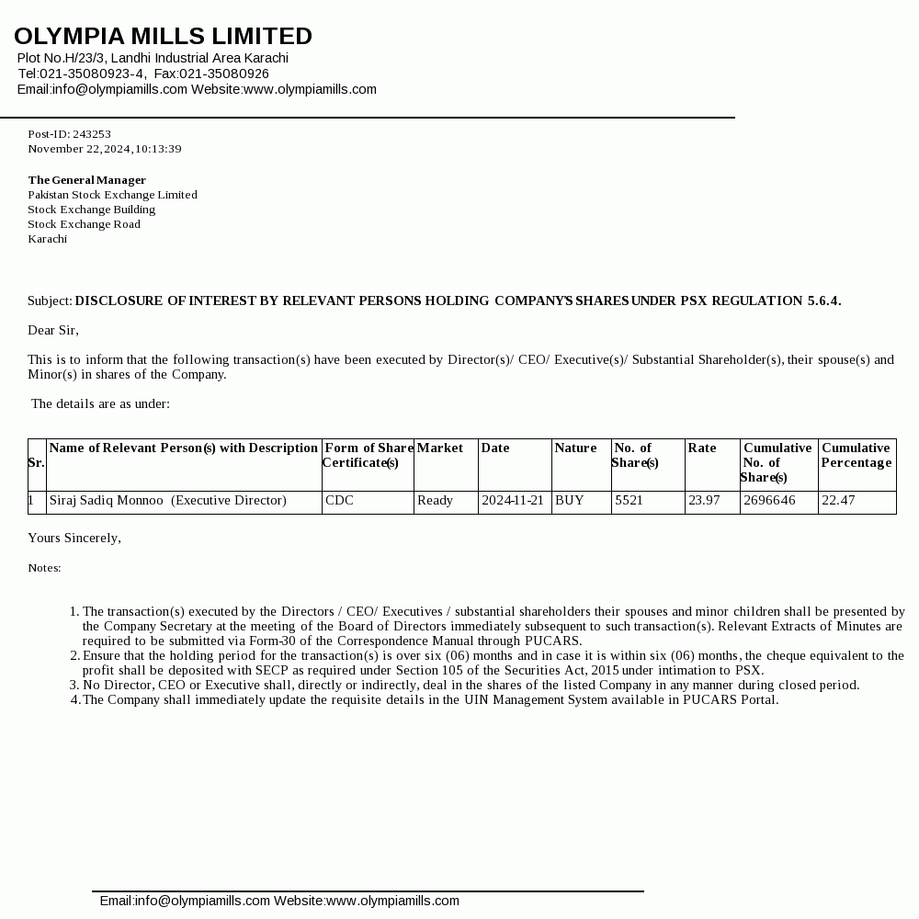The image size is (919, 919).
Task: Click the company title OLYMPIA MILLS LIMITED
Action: click(163, 37)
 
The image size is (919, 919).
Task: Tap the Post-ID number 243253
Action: click(92, 134)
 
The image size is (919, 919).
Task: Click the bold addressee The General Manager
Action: click(86, 180)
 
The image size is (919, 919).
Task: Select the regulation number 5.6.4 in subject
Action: click(823, 301)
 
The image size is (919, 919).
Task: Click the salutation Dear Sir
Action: click(53, 330)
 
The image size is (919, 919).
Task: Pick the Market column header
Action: click(440, 448)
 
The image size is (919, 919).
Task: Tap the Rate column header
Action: click(702, 448)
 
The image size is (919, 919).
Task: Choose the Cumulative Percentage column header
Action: click(857, 455)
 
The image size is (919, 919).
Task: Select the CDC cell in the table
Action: click(339, 501)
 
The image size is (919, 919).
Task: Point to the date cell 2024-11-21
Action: click(513, 501)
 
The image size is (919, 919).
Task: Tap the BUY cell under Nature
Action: click(570, 501)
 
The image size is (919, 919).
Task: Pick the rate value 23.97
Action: click(704, 501)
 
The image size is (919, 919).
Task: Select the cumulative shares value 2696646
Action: click(769, 501)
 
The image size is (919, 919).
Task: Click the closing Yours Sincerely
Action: click(74, 538)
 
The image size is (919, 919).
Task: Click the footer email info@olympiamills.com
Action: click(202, 901)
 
